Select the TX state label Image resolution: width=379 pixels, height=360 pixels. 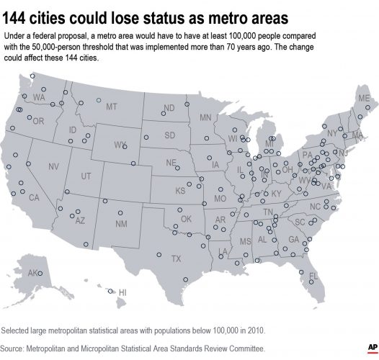tap(175, 258)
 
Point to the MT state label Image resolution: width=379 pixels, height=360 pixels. tap(112, 107)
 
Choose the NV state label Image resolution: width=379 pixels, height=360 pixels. tap(53, 166)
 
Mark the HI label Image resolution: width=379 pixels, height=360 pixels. tap(122, 292)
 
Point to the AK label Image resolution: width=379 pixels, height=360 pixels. tap(32, 274)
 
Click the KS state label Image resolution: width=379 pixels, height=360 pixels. tap(180, 191)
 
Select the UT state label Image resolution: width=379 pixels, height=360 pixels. tap(86, 176)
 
